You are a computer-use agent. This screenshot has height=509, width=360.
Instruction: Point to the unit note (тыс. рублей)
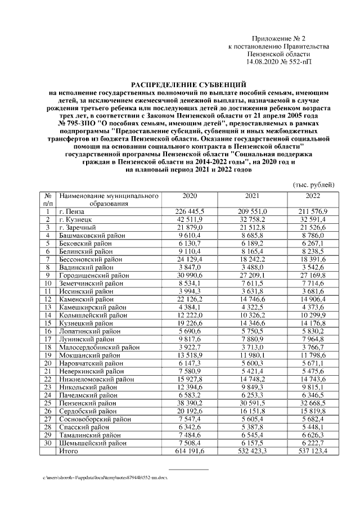(314, 184)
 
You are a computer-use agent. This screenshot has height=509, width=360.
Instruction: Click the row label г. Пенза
(73, 211)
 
